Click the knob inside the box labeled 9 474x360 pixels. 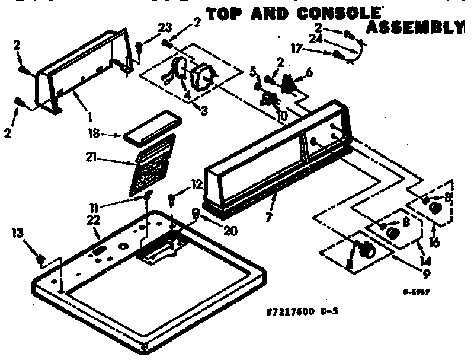click(367, 251)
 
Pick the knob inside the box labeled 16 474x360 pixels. click(435, 209)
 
